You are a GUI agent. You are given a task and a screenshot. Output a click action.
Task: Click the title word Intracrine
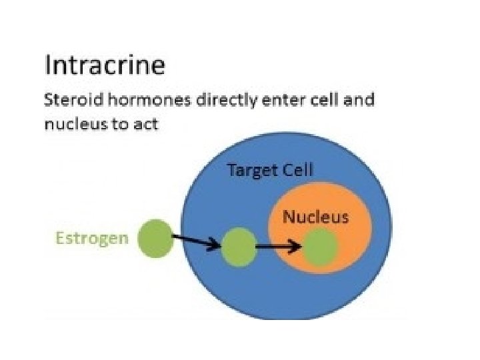point(105,67)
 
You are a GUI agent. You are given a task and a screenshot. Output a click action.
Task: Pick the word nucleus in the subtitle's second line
point(70,124)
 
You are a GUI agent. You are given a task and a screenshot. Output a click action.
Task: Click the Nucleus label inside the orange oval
point(316,217)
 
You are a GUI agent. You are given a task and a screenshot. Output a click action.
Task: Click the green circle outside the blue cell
point(155,239)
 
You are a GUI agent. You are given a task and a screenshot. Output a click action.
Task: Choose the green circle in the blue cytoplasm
point(239,247)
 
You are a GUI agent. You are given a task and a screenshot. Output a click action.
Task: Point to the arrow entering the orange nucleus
point(278,247)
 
